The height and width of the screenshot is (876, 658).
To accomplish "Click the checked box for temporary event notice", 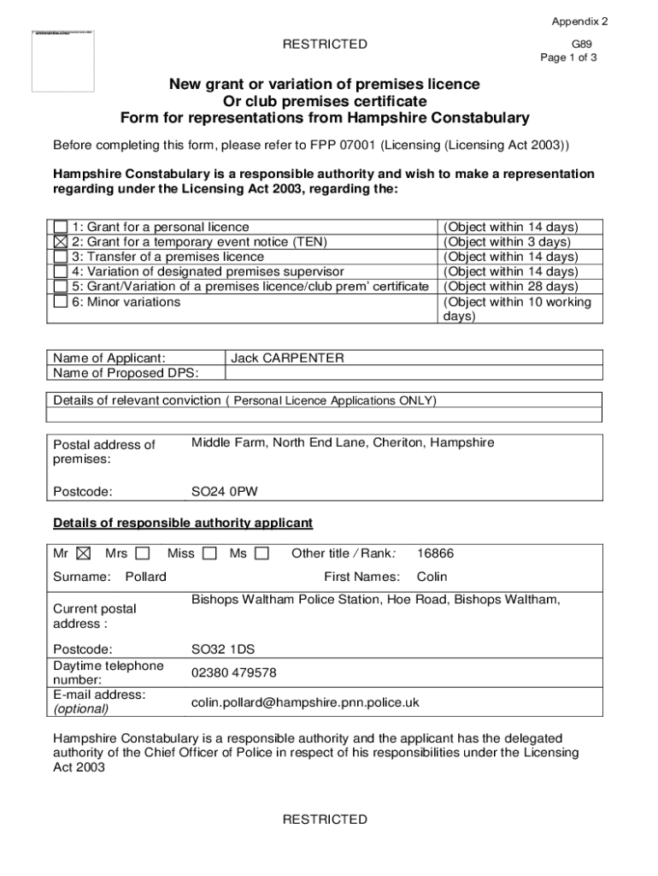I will [61, 242].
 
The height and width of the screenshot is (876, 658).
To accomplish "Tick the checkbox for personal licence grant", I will [61, 227].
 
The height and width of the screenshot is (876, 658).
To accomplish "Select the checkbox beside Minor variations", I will [61, 302].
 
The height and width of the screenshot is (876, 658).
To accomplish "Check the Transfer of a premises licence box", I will [61, 257].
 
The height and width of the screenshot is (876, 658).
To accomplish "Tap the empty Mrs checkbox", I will [142, 553].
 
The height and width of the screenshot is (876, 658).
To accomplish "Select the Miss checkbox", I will [209, 553].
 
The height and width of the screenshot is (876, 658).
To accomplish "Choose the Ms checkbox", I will [261, 553].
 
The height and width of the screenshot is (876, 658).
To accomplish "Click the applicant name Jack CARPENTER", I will [287, 358].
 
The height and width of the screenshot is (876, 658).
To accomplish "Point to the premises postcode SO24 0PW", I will [224, 492].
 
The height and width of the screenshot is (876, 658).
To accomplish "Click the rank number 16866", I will [435, 553].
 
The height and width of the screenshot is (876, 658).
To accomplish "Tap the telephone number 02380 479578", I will [233, 672].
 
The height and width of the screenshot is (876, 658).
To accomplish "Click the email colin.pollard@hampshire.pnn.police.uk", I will [305, 702].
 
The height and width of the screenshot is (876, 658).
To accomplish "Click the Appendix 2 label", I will [579, 21].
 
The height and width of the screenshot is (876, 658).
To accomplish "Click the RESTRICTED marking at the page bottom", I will [325, 820].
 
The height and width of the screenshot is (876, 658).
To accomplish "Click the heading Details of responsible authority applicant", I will [183, 523].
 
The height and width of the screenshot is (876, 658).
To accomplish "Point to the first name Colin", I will [432, 577].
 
